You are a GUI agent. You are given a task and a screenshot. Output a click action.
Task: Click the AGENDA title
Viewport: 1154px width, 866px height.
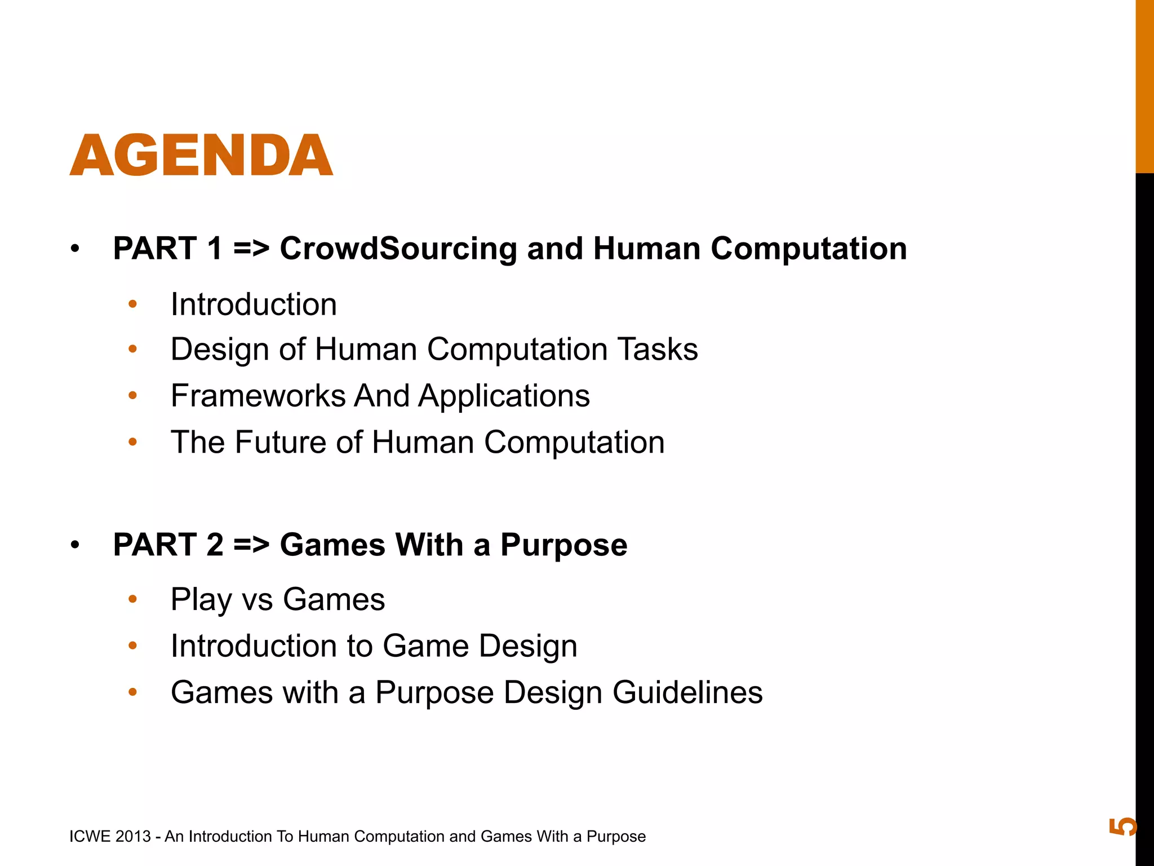(201, 156)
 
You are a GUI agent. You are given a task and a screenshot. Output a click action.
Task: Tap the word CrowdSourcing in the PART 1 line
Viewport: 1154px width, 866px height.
(398, 249)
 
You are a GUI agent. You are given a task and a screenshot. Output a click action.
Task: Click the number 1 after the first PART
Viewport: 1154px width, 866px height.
(215, 249)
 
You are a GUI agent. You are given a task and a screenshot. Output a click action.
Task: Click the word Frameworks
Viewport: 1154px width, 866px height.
(258, 396)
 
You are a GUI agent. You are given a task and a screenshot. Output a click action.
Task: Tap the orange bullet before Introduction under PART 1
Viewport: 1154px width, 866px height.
(133, 305)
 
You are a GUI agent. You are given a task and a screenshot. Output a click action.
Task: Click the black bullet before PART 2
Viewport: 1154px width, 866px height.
(76, 545)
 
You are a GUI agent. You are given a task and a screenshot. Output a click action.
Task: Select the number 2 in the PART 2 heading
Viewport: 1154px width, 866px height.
(215, 545)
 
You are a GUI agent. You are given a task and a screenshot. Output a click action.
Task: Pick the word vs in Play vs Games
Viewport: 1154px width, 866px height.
(257, 600)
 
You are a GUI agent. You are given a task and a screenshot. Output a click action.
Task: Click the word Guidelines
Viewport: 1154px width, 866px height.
(687, 692)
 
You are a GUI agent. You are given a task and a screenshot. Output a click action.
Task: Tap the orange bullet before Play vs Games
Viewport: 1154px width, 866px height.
(133, 599)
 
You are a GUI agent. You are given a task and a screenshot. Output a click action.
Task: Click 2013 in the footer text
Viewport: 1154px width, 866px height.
(133, 837)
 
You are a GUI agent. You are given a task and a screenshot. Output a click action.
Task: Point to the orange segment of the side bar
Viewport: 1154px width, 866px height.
(1144, 85)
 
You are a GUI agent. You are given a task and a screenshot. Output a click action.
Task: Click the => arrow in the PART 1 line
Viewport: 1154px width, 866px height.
(251, 249)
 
